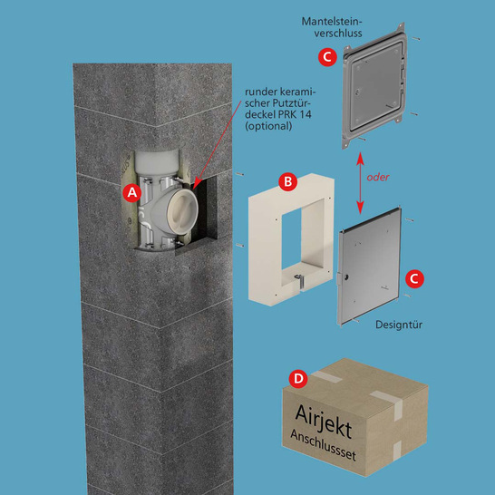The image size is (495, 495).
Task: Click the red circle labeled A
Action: coord(132,192)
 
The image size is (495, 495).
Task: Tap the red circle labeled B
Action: coord(288,182)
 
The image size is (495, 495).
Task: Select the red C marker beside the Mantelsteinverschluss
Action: coord(327,57)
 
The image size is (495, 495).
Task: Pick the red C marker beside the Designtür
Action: coord(414,278)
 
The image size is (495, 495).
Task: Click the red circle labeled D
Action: coord(298,379)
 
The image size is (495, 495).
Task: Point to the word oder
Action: coord(378,177)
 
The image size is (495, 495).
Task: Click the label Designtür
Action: coord(399,325)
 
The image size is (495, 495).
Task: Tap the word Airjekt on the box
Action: coord(324,422)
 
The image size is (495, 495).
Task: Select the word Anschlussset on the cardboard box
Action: coord(323,445)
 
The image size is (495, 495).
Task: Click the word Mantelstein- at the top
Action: coord(332,22)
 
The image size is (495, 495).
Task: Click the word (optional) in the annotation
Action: coord(268,126)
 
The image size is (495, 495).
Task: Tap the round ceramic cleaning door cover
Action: coord(182,211)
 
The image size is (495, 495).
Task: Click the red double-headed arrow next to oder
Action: coord(360,183)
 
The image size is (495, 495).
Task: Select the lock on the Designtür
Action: coord(346,277)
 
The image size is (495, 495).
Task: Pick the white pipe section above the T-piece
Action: coord(157,163)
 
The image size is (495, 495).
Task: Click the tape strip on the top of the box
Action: coord(326,376)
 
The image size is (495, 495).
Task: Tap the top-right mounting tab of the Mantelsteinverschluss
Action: coord(402,27)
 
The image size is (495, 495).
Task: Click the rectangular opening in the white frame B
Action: coord(302,236)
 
